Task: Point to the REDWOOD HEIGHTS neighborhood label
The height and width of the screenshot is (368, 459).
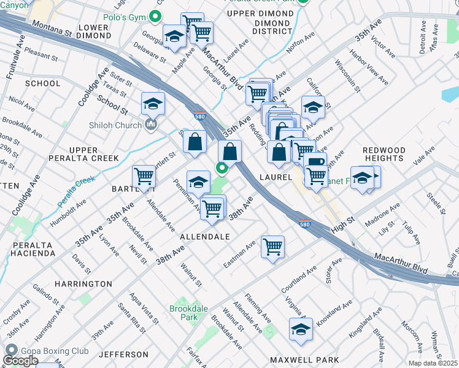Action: (x=384, y=155)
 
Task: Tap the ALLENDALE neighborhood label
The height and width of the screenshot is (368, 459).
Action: (x=205, y=236)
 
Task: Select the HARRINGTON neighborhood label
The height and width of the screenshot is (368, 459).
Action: (x=83, y=284)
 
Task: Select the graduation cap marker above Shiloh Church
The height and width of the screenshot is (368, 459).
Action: (x=153, y=103)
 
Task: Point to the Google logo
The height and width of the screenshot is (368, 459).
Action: (x=20, y=361)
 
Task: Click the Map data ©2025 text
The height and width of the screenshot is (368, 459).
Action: (x=433, y=363)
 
